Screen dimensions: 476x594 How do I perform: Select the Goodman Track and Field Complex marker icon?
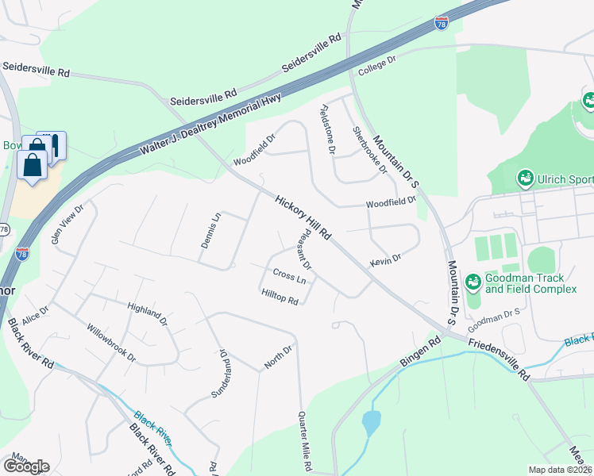[x=473, y=282]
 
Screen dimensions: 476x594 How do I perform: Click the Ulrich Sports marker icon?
[x=525, y=178]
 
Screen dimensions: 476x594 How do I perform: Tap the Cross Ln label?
[x=289, y=275]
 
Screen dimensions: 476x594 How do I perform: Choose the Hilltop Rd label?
[x=280, y=296]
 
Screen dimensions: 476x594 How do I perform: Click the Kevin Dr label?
[x=386, y=259]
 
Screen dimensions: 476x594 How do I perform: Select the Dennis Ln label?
[x=210, y=231]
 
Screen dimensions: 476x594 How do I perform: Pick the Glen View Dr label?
[x=67, y=225]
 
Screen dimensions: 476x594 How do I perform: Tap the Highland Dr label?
[x=148, y=313]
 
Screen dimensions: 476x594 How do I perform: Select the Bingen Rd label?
[x=420, y=353]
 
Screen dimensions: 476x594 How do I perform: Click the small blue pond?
[x=371, y=423]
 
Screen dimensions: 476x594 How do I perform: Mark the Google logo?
[x=26, y=466]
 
